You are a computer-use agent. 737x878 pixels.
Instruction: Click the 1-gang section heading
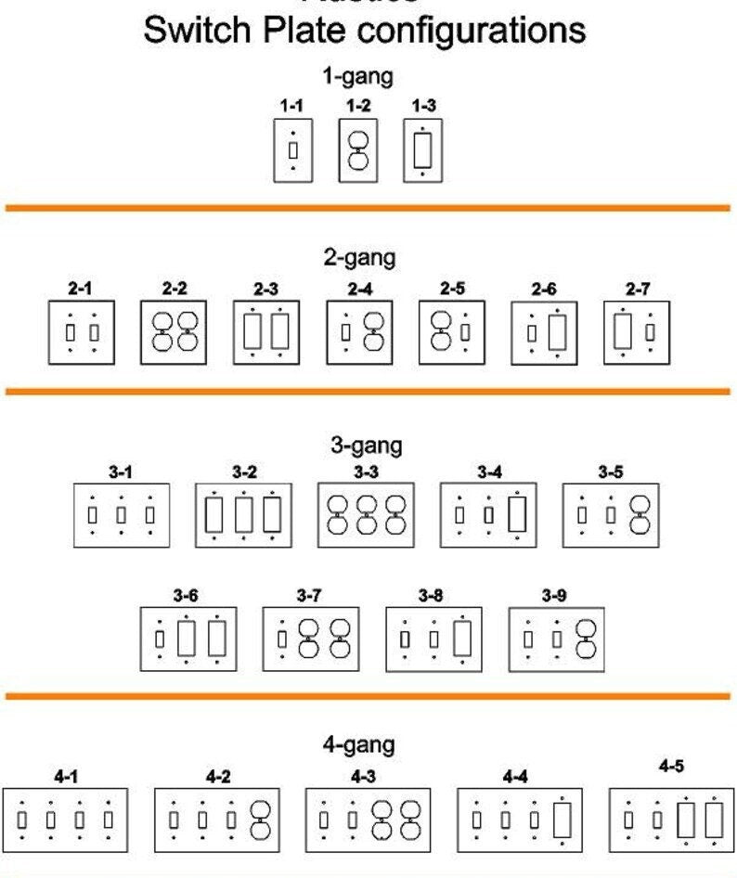[x=357, y=76]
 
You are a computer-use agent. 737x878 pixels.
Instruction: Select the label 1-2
[x=357, y=106]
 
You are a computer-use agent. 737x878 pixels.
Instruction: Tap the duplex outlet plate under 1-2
[x=357, y=149]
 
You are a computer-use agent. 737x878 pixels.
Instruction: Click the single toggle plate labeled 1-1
[x=292, y=149]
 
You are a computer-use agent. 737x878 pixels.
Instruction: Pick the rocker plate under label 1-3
[x=422, y=149]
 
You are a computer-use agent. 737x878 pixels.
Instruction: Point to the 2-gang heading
[x=359, y=257]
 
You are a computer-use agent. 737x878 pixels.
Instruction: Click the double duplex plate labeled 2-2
[x=174, y=331]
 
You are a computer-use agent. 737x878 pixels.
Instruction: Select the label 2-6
[x=544, y=290]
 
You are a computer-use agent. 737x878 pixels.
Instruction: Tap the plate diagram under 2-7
[x=637, y=331]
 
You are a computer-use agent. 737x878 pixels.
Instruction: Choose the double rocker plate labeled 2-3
[x=265, y=331]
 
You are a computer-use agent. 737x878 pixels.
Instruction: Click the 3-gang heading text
[x=366, y=445]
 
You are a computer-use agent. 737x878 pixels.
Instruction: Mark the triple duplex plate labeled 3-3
[x=366, y=514]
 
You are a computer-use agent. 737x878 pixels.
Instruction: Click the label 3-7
[x=309, y=594]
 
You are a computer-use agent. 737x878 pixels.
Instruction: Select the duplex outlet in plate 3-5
[x=639, y=514]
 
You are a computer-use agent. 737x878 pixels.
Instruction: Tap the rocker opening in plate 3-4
[x=517, y=514]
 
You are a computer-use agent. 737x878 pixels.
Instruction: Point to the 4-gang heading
[x=358, y=743]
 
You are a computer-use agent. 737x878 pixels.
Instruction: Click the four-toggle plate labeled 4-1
[x=65, y=820]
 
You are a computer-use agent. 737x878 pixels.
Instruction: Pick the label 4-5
[x=671, y=766]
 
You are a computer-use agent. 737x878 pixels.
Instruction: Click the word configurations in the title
[x=472, y=30]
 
